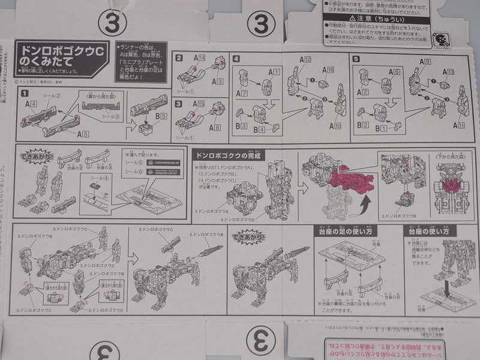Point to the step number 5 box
pyautogui.click(x=356, y=58)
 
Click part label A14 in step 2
pyautogui.click(x=199, y=58)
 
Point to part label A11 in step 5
pyautogui.click(x=443, y=125)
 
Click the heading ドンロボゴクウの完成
pyautogui.click(x=226, y=154)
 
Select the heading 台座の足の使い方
pyautogui.click(x=341, y=231)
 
